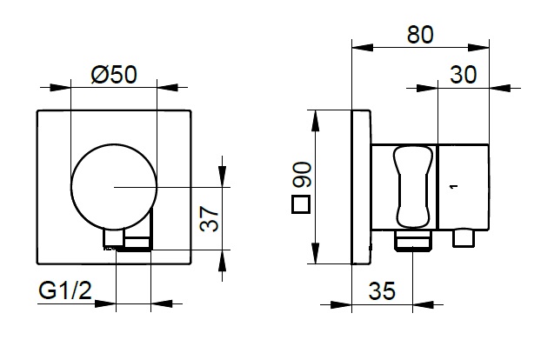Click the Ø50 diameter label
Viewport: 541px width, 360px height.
pyautogui.click(x=114, y=74)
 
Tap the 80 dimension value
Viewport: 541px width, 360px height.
pyautogui.click(x=420, y=35)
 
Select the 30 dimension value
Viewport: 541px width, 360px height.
pyautogui.click(x=464, y=74)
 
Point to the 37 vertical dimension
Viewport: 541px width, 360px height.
pyautogui.click(x=210, y=218)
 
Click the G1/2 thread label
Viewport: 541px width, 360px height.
pyautogui.click(x=65, y=290)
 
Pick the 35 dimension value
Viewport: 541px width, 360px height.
pyautogui.click(x=382, y=290)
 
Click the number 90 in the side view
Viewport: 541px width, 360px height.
pyautogui.click(x=302, y=174)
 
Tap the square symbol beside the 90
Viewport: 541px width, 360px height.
pyautogui.click(x=301, y=204)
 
